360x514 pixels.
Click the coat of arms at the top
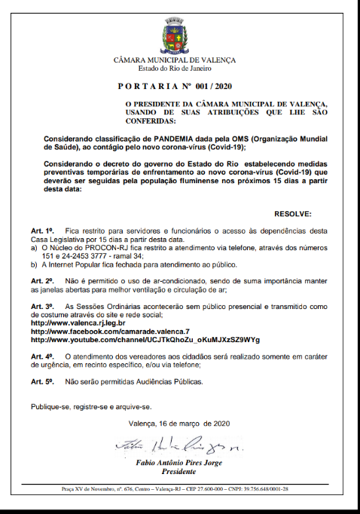[174, 36]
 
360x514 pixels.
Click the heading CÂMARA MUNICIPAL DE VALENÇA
[174, 60]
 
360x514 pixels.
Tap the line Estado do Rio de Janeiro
[174, 68]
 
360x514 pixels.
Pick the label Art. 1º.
[42, 229]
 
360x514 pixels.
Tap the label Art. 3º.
[42, 307]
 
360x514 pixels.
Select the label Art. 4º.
[42, 355]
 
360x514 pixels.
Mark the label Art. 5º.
[42, 382]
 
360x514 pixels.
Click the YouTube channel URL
[145, 340]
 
